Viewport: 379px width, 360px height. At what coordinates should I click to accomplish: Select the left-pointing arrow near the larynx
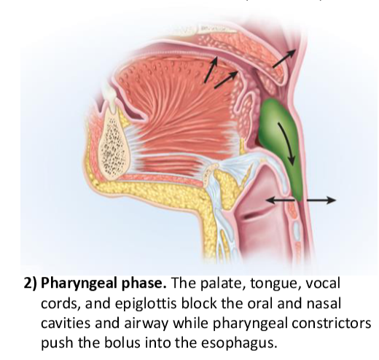281,200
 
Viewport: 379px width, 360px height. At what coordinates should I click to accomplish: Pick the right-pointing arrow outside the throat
321,200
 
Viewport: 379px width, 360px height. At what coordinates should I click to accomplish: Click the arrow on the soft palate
284,58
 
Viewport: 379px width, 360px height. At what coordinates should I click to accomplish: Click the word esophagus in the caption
239,343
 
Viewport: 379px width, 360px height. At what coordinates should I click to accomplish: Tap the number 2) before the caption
31,283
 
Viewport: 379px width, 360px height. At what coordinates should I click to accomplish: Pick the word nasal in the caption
324,303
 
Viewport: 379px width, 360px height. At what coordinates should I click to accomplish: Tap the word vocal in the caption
322,283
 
